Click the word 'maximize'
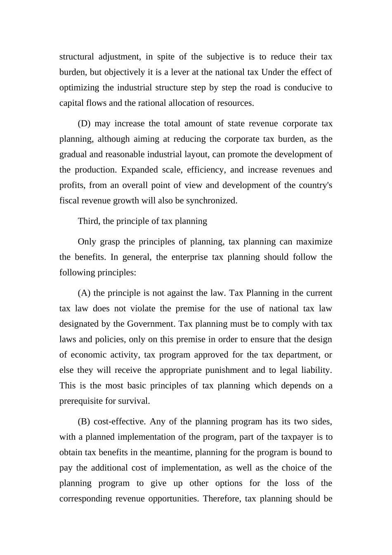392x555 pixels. (x=314, y=242)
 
